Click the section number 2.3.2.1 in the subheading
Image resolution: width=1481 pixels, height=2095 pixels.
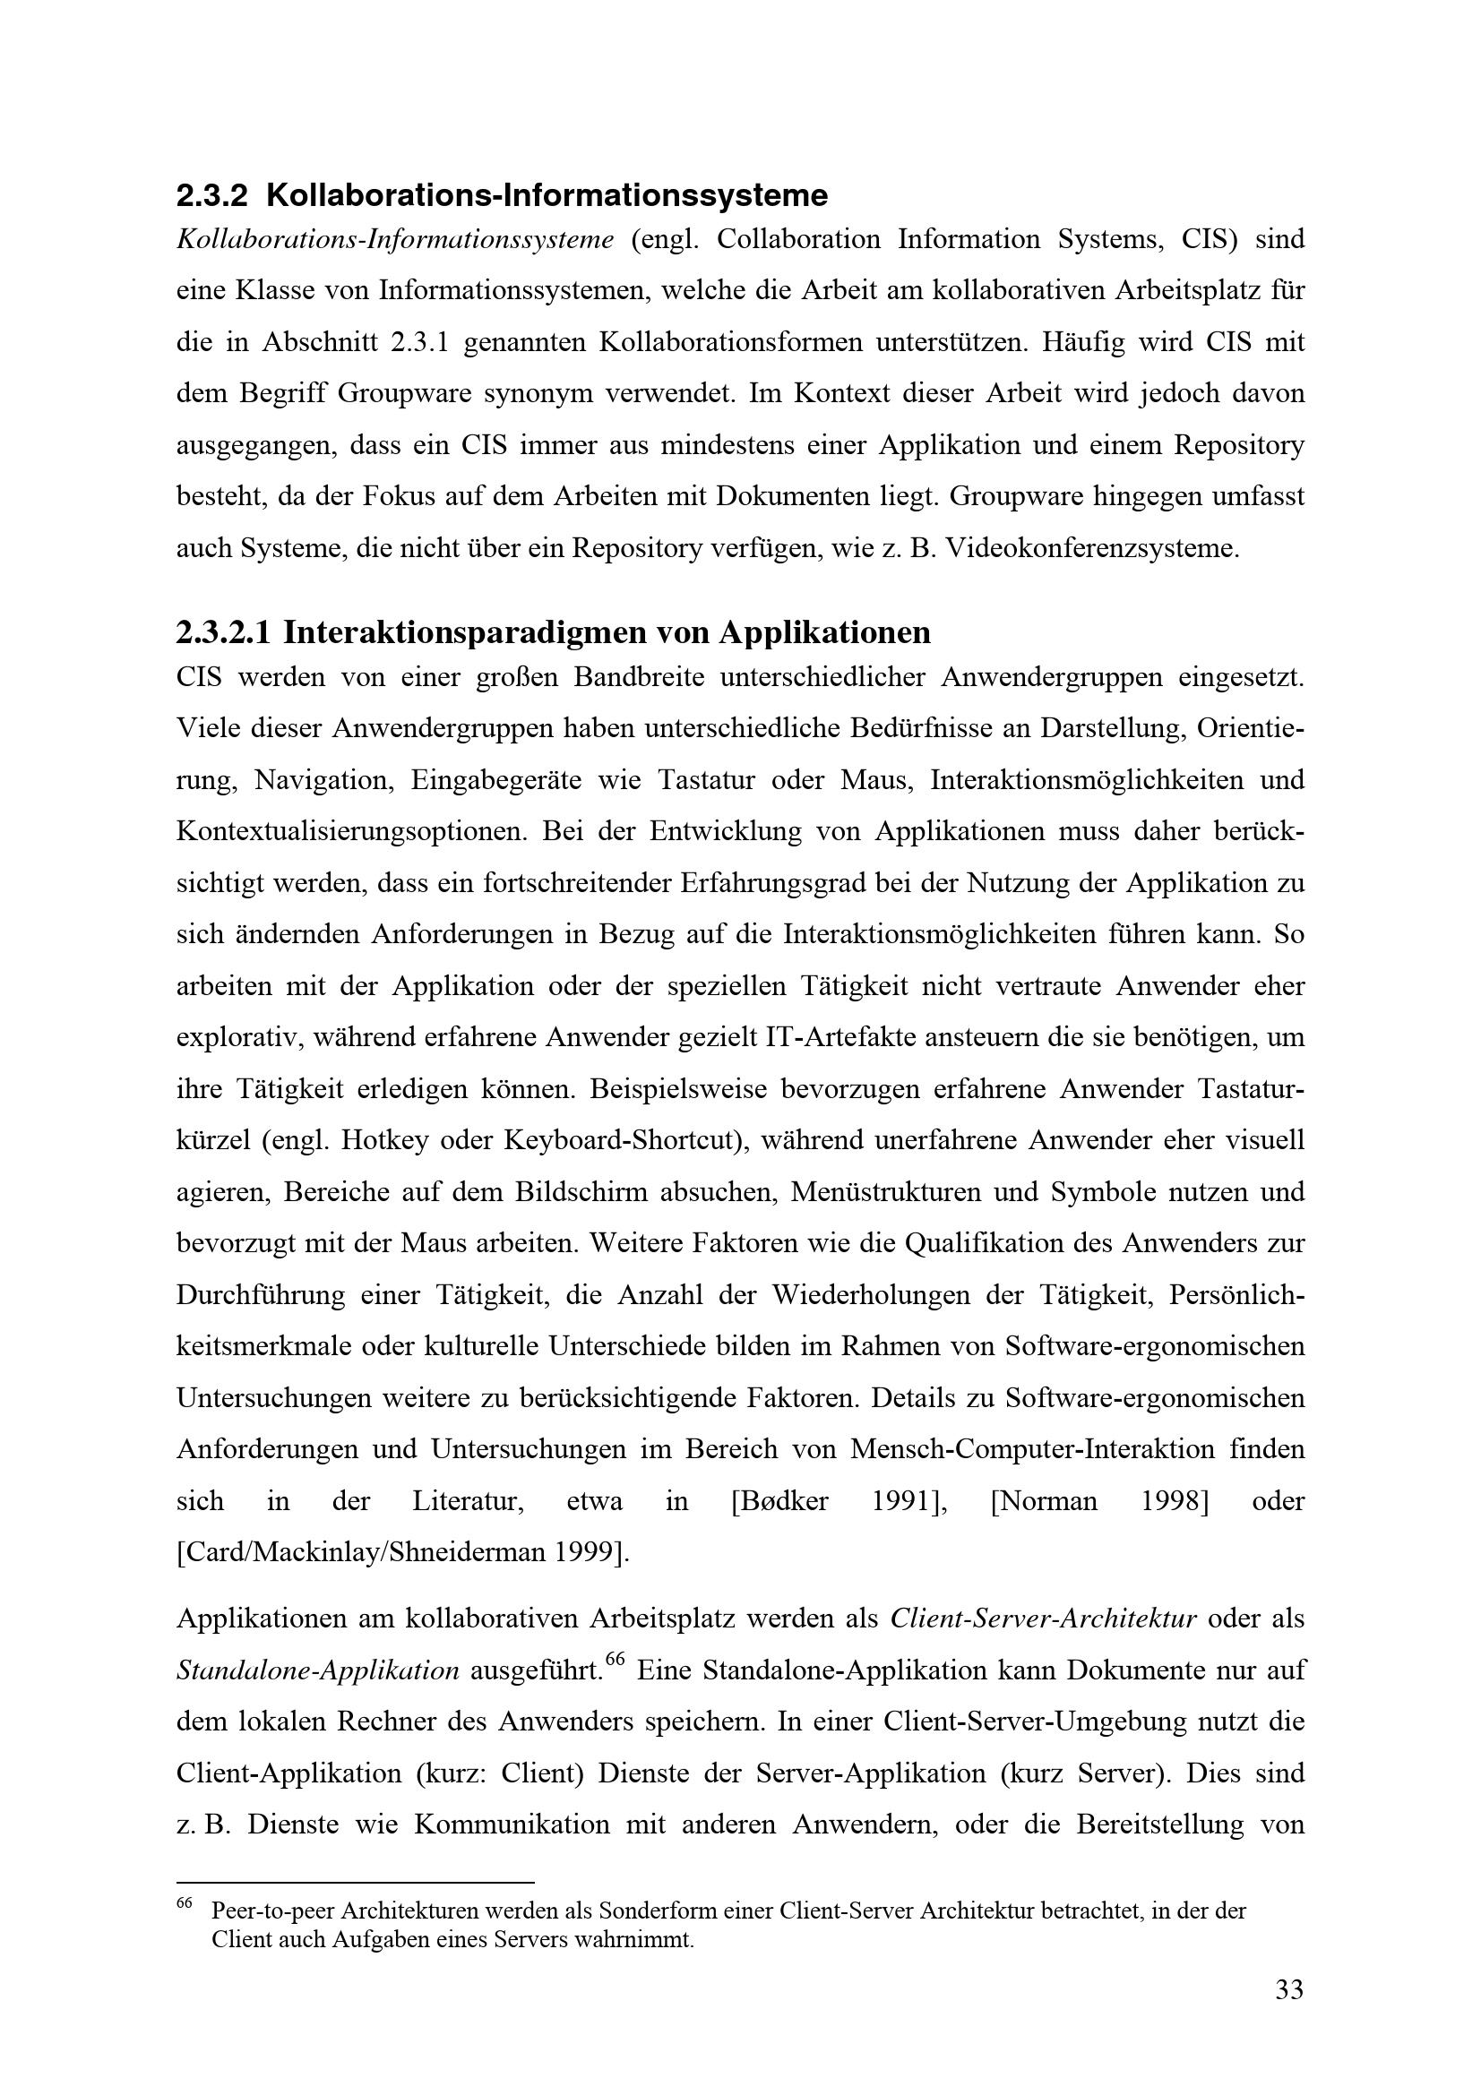pyautogui.click(x=223, y=632)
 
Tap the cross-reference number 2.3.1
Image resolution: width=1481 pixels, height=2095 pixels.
pyautogui.click(x=421, y=343)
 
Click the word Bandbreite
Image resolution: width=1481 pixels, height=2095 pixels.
pyautogui.click(x=638, y=678)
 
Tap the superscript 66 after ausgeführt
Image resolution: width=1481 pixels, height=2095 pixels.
pyautogui.click(x=614, y=1660)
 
